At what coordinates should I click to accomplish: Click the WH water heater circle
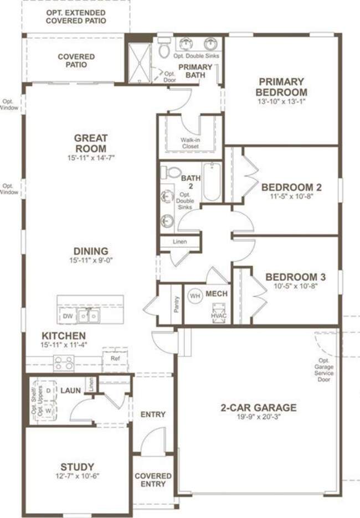195,295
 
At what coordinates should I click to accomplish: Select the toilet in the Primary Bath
164,50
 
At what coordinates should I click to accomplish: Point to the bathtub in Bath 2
212,182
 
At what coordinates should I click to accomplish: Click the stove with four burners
64,363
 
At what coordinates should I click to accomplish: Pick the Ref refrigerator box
115,359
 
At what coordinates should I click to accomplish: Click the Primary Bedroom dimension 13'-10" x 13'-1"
281,102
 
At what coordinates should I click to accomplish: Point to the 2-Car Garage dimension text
259,418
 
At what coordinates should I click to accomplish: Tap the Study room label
78,467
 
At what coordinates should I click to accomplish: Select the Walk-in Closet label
190,143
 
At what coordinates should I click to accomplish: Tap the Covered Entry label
153,480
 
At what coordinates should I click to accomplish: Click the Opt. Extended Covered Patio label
76,15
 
